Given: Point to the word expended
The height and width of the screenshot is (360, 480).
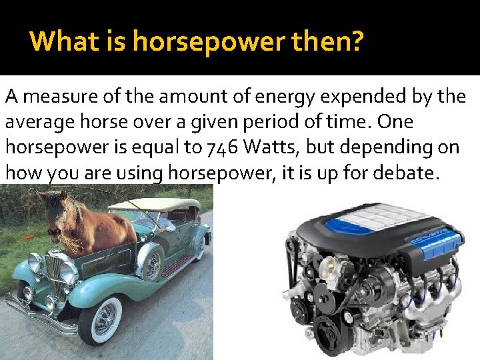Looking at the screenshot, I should [358, 98].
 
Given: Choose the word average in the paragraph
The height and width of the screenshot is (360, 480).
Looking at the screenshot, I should [39, 123].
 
